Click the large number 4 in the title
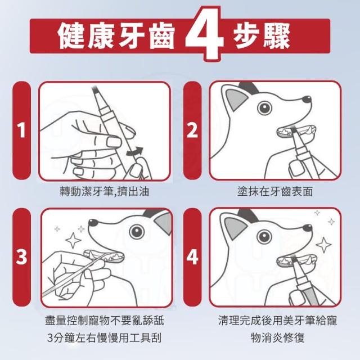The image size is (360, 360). coord(204,34)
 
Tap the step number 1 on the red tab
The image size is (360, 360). coord(21,130)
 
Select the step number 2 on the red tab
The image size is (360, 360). coord(192,130)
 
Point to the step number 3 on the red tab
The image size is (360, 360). coord(21,256)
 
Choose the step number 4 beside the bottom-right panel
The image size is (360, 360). coord(192,256)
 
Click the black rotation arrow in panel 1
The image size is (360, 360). coord(135,151)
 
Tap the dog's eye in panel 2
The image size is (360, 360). coord(264,107)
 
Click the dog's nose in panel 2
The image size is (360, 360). coord(307,100)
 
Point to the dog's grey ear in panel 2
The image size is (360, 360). coord(236,99)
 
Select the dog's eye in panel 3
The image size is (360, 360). coord(137,231)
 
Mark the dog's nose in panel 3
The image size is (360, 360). coord(93,222)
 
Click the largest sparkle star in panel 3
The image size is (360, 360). coord(73,240)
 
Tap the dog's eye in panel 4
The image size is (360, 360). coord(264,236)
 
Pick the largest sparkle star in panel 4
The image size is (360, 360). coord(324,245)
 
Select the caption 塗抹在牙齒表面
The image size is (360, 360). coord(275,191)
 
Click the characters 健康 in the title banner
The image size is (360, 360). coord(87,36)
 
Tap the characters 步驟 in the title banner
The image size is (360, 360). coord(262,36)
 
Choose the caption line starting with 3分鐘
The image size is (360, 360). coord(105,337)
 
